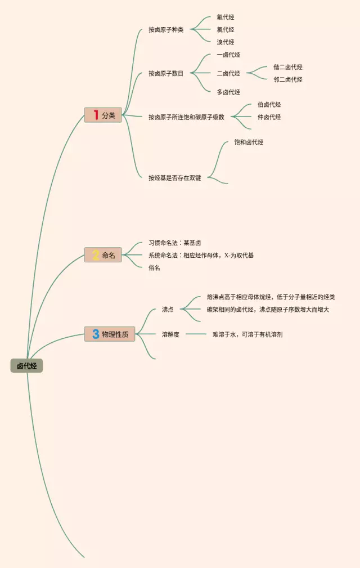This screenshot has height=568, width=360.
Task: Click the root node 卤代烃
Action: [26, 366]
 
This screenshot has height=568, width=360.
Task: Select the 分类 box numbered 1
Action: [103, 115]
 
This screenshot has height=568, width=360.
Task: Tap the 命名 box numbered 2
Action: [103, 255]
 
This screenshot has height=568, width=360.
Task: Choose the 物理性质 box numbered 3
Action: [110, 334]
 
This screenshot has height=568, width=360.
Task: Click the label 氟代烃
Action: [225, 17]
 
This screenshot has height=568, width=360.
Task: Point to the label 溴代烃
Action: [225, 42]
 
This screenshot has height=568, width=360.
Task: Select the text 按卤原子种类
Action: [166, 30]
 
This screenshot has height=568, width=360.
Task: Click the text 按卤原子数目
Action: [166, 73]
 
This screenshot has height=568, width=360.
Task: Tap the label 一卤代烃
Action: [228, 55]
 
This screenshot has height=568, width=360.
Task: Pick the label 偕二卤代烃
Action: [287, 67]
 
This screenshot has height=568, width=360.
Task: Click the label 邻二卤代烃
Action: [287, 79]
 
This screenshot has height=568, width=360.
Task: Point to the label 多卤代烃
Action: [228, 92]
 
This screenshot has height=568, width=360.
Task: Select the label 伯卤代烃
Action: [269, 105]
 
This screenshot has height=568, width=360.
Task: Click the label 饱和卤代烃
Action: [249, 142]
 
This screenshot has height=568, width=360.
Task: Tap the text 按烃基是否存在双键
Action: [174, 178]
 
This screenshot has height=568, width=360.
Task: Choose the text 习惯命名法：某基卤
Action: [174, 243]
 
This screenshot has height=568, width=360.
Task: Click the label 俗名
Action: [154, 268]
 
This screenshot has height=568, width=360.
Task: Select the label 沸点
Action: [168, 310]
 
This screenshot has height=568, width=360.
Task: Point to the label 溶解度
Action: [170, 334]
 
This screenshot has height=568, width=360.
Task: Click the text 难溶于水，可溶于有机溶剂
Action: [247, 334]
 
